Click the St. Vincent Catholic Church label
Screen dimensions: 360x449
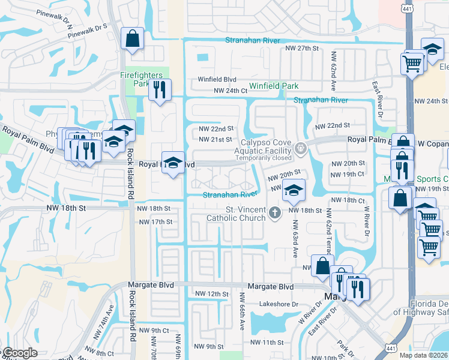tap(236, 214)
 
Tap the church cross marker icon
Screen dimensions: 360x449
tap(275, 212)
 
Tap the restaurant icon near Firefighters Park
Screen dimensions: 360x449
tap(160, 90)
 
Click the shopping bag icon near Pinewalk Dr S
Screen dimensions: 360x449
tap(132, 39)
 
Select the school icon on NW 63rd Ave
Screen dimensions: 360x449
tap(293, 190)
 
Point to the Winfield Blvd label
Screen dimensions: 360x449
tap(218, 79)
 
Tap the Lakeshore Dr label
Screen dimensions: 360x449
tap(279, 304)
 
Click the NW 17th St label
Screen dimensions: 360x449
tap(155, 222)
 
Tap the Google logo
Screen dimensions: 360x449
tap(20, 353)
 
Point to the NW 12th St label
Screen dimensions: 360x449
tap(212, 294)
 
